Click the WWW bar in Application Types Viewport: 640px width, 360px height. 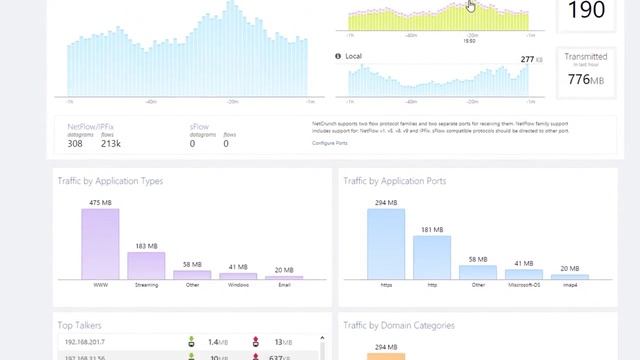[100, 244]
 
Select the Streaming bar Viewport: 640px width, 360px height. [146, 265]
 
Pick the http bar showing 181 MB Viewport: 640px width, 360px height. [432, 257]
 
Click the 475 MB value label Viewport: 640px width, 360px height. [100, 203]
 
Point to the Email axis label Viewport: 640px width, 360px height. [284, 285]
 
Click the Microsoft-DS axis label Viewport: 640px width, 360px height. [523, 285]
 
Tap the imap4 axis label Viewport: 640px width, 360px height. [570, 285]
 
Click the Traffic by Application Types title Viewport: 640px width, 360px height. [110, 181]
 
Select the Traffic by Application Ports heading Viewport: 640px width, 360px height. [394, 181]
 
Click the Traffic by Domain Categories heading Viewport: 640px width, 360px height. [399, 325]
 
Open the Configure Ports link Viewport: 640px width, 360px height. [330, 143]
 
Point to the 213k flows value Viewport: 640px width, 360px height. [110, 144]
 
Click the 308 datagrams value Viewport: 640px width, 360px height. [75, 144]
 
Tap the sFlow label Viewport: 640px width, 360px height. [199, 127]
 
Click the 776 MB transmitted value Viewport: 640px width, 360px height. [585, 80]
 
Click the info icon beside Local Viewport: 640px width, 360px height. [338, 56]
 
